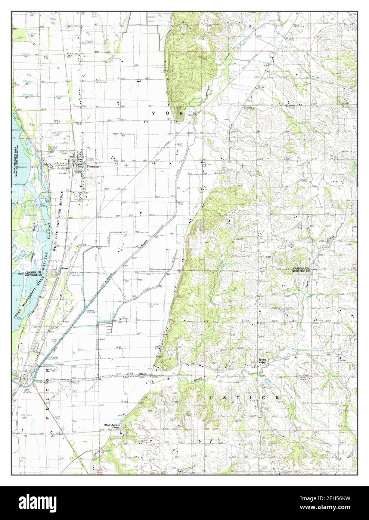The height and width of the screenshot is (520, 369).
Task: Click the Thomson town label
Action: pos(92,166)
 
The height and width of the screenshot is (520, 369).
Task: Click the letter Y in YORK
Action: pos(153,113)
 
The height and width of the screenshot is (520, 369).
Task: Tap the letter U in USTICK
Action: pos(211,398)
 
